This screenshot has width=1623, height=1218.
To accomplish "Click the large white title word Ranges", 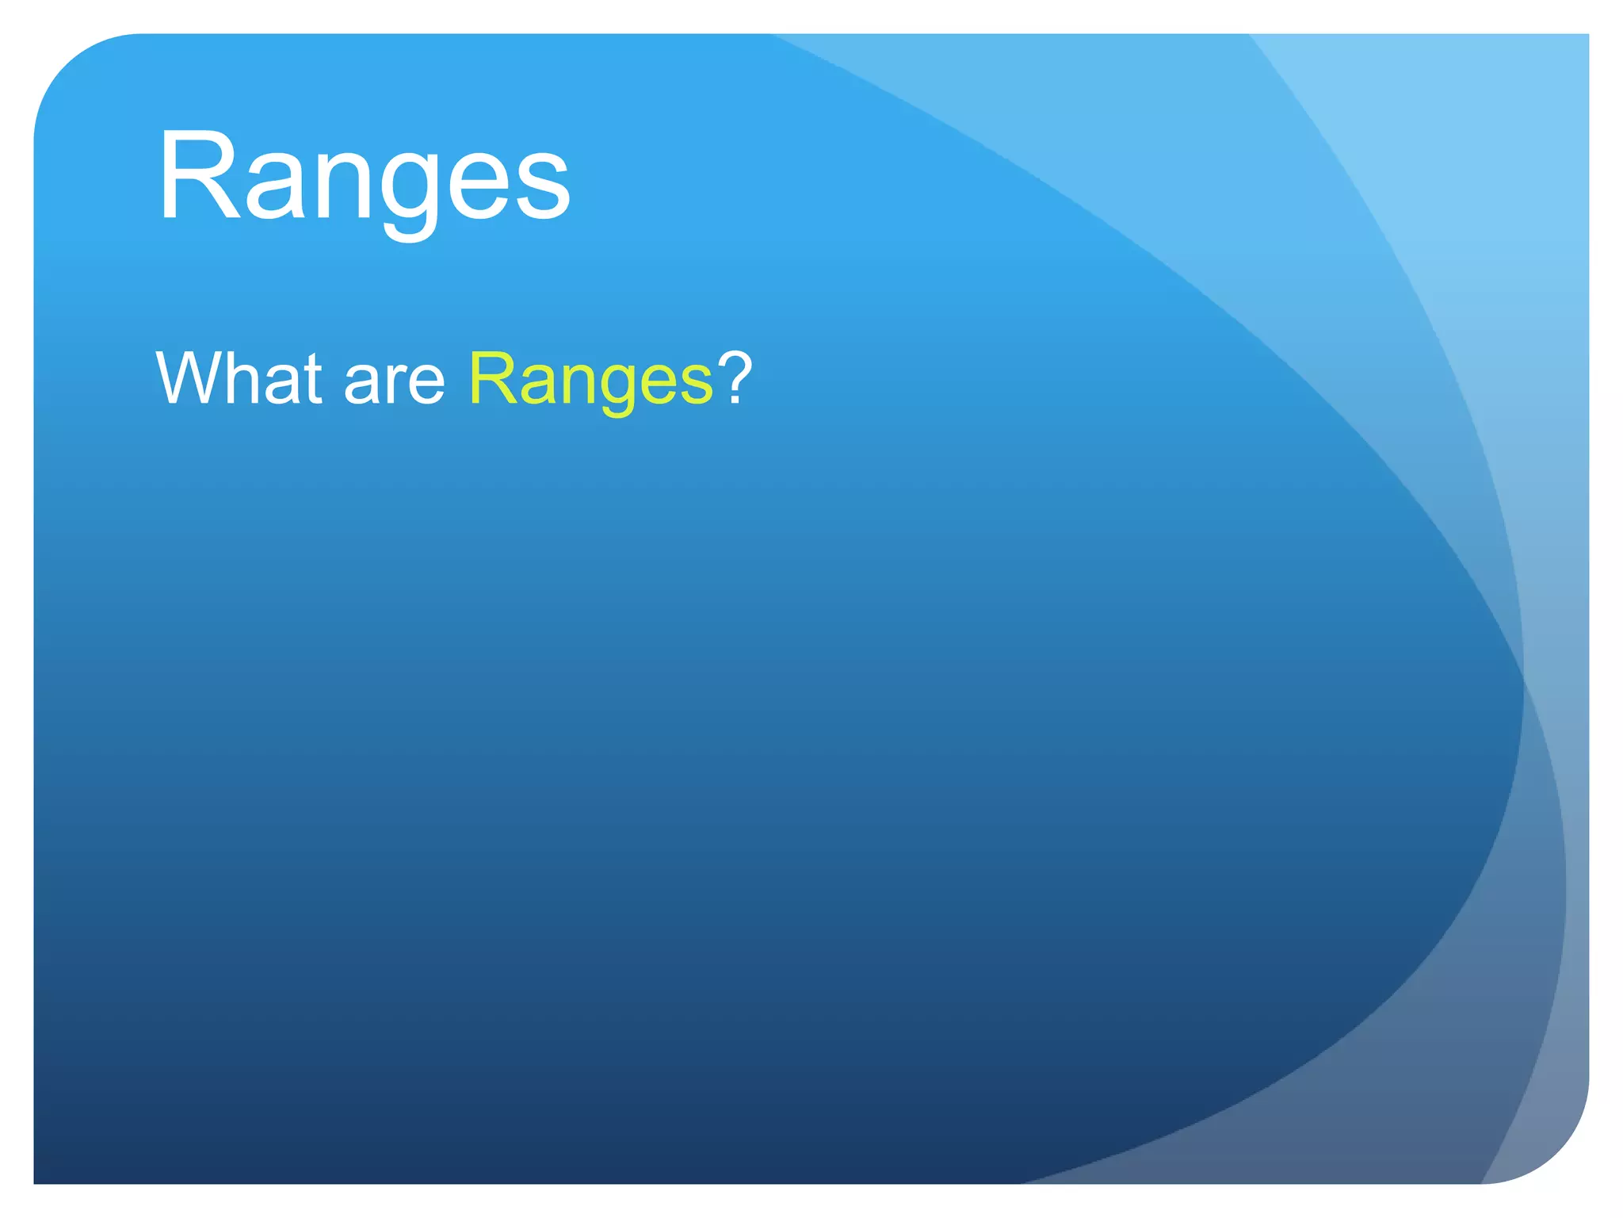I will [364, 178].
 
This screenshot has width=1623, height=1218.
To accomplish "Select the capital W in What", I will [193, 378].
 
